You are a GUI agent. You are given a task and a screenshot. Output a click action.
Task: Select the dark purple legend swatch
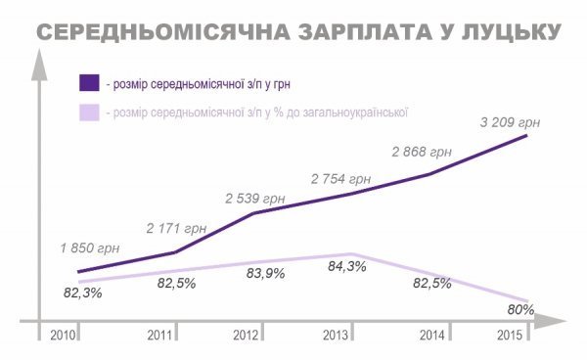tap(89, 81)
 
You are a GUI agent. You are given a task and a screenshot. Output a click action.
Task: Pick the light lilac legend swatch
tap(89, 112)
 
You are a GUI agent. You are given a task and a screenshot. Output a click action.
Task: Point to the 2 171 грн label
tap(174, 228)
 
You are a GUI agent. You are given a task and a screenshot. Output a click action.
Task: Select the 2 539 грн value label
tap(254, 199)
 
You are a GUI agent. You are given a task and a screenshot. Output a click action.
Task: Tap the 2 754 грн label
tap(340, 179)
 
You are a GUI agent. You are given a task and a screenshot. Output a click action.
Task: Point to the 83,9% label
tap(264, 274)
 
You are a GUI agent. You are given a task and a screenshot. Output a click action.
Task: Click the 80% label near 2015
tap(520, 309)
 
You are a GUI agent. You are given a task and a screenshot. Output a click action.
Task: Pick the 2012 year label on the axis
tap(247, 335)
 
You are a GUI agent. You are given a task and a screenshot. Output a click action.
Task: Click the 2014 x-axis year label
tap(431, 335)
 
